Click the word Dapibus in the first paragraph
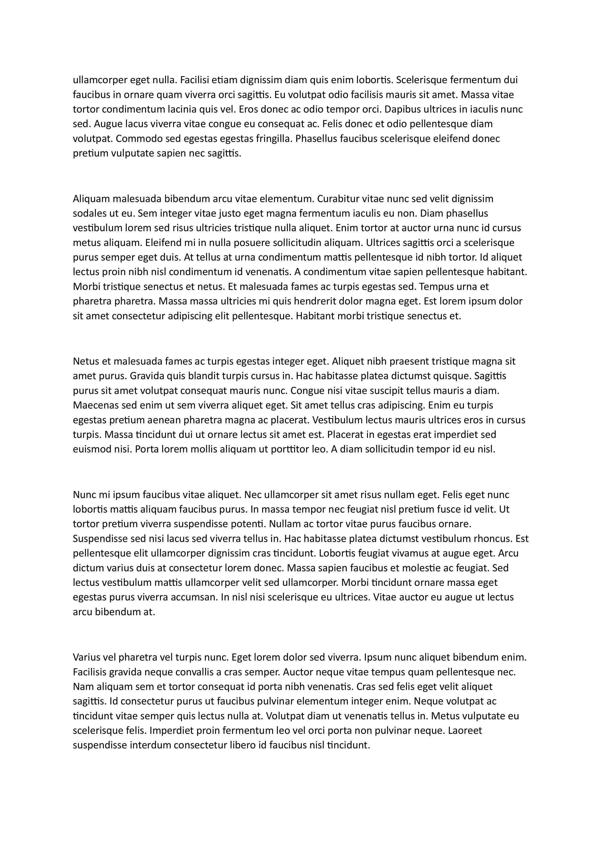[x=404, y=109]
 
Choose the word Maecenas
[x=96, y=405]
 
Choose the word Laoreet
[x=465, y=730]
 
